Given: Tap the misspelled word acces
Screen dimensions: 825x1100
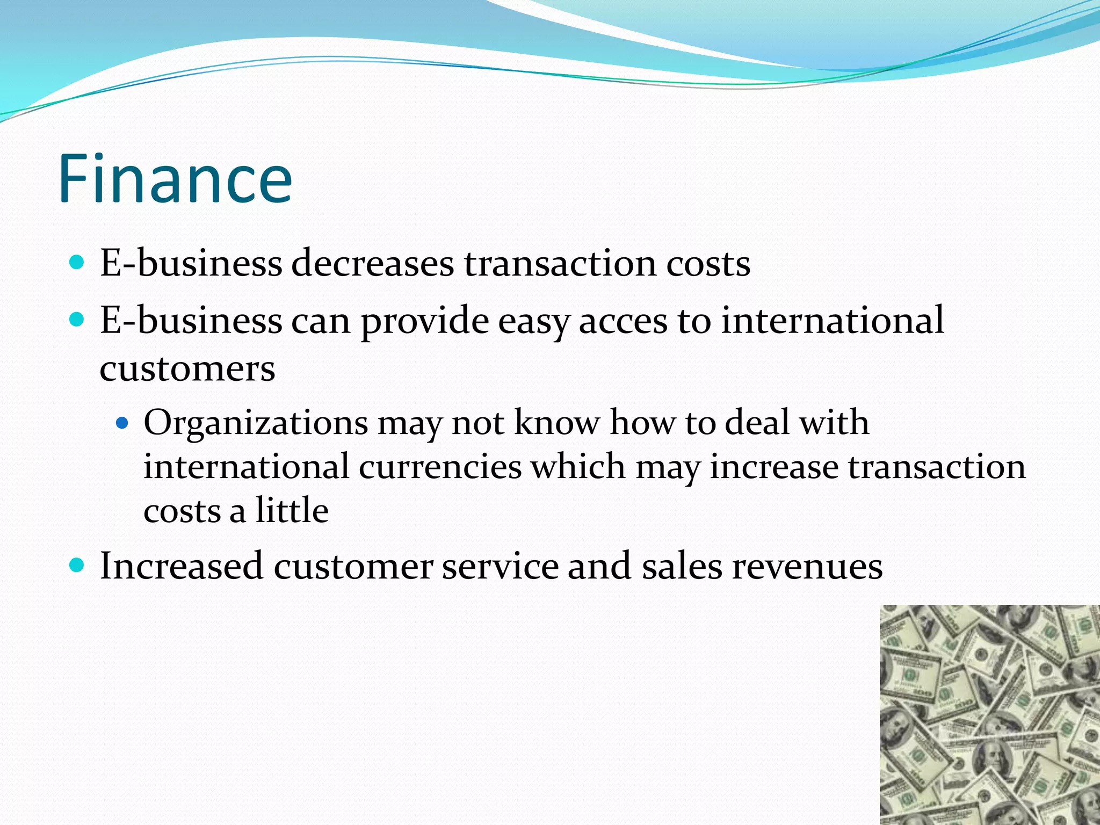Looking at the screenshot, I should click(623, 320).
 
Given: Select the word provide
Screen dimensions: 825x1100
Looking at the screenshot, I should click(424, 321).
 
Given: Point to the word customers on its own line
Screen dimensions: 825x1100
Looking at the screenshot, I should click(187, 369).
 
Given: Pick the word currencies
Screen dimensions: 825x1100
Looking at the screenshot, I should click(440, 466).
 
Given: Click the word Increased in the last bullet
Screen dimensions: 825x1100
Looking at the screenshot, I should click(181, 566).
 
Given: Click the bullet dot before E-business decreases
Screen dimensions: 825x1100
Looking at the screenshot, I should click(77, 263).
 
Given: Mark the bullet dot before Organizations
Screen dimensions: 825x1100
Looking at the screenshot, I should click(123, 423).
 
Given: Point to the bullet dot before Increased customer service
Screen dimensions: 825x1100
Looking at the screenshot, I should click(77, 565).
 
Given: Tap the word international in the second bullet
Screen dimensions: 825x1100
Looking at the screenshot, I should click(832, 320).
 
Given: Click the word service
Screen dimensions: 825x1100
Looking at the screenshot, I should click(500, 566).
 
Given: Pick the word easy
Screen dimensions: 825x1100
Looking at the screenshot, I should click(533, 321).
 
